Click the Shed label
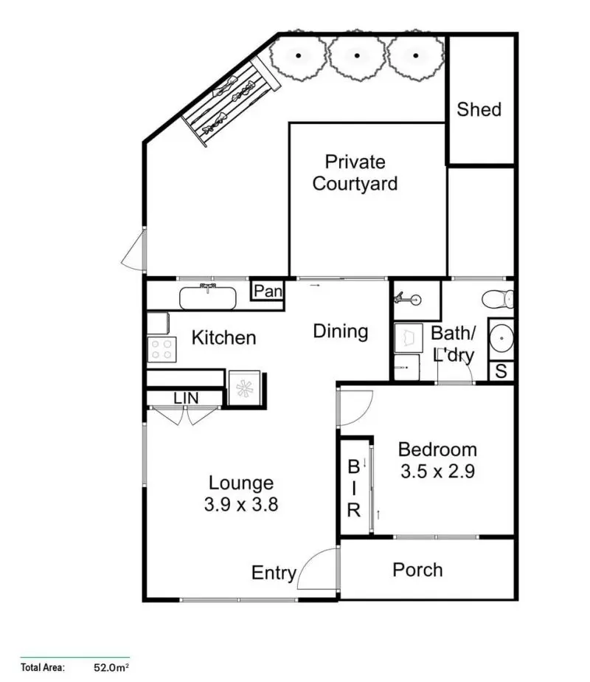[x=479, y=109]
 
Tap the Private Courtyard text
[x=355, y=173]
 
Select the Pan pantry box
[x=268, y=292]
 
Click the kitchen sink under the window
[x=209, y=298]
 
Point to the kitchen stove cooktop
[x=162, y=349]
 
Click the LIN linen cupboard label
[x=186, y=399]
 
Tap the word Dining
[x=340, y=331]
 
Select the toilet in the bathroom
[x=498, y=299]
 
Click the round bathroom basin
[x=501, y=340]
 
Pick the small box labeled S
[x=501, y=371]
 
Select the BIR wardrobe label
[x=354, y=487]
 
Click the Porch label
[x=417, y=570]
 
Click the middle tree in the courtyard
[x=357, y=55]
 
